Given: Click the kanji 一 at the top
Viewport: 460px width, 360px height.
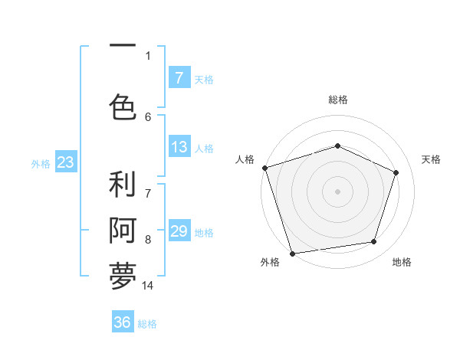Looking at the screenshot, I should pyautogui.click(x=123, y=46).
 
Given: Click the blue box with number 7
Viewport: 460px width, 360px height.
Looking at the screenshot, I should pyautogui.click(x=179, y=78).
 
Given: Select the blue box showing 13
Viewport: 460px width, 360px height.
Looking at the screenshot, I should pyautogui.click(x=179, y=147).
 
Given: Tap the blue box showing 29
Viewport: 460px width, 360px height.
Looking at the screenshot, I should pyautogui.click(x=179, y=231).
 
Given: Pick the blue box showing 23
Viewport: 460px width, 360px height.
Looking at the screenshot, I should pyautogui.click(x=65, y=162).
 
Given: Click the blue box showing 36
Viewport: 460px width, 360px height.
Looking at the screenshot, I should pyautogui.click(x=123, y=322).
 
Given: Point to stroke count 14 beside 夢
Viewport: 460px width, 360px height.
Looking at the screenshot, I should pyautogui.click(x=148, y=286).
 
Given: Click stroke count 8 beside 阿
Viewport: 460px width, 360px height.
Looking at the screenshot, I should pyautogui.click(x=148, y=240).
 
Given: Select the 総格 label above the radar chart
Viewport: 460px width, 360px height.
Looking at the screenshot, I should pyautogui.click(x=337, y=100).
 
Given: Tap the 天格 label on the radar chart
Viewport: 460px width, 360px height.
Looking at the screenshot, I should pyautogui.click(x=432, y=159).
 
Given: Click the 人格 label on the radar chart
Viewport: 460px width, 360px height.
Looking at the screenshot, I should pyautogui.click(x=245, y=159).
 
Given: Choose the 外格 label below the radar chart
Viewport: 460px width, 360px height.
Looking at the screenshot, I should pyautogui.click(x=269, y=263).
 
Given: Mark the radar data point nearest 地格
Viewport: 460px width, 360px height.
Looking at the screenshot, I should pyautogui.click(x=374, y=242).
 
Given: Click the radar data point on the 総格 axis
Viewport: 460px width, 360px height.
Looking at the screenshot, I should pyautogui.click(x=337, y=146).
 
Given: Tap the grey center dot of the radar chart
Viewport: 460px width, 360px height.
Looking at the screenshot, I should pyautogui.click(x=337, y=191).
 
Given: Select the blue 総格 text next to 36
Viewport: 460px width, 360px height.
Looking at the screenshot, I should pyautogui.click(x=147, y=324).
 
